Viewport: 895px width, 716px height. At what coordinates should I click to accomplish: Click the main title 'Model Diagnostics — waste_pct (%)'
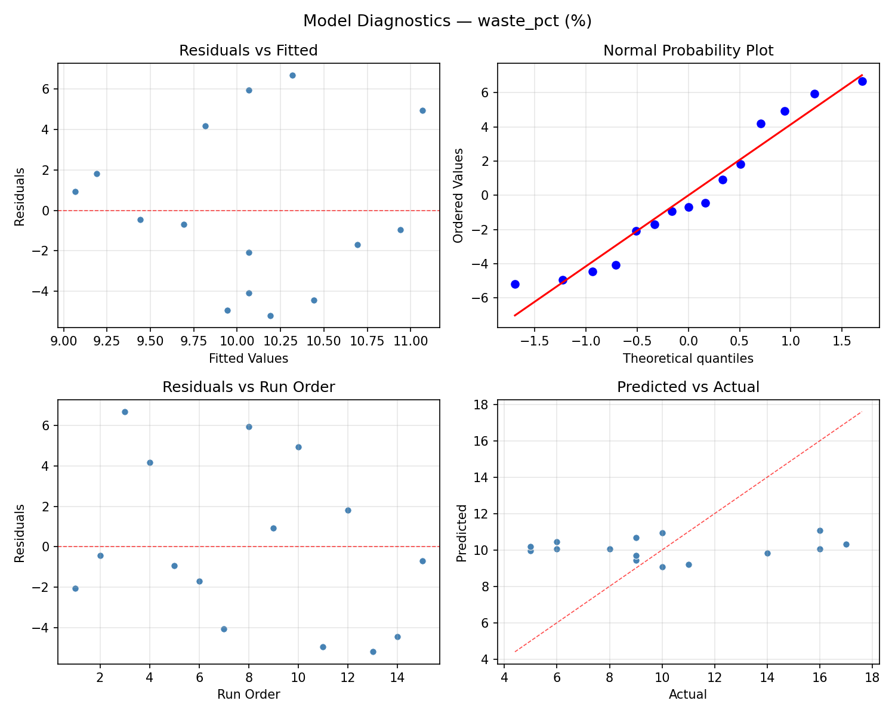click(x=447, y=21)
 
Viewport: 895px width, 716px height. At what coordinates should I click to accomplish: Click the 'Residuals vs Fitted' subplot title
click(x=248, y=51)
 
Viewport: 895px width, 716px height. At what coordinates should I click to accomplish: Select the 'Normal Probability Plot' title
click(x=688, y=51)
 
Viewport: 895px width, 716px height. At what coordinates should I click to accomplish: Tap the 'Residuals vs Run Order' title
click(x=248, y=387)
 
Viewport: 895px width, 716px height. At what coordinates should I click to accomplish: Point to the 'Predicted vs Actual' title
click(x=688, y=387)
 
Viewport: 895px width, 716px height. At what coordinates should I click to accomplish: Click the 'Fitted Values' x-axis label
click(x=248, y=359)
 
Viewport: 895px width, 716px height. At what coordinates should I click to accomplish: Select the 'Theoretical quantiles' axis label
click(x=688, y=359)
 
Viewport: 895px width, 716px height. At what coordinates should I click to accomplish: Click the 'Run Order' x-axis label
click(x=248, y=695)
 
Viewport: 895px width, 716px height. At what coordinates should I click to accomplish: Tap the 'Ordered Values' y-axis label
click(x=458, y=195)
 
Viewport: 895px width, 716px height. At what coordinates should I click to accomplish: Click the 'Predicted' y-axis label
click(x=461, y=533)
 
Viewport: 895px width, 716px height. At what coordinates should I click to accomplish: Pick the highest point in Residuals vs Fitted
click(x=292, y=75)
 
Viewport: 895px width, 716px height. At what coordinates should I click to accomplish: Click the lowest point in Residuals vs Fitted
click(x=270, y=316)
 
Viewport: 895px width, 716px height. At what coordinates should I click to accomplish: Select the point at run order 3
click(x=125, y=412)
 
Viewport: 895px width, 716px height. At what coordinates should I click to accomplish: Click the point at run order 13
click(x=373, y=652)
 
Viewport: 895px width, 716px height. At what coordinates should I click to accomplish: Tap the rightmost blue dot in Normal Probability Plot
click(x=862, y=81)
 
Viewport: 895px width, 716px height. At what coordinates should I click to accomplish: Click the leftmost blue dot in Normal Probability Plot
click(x=515, y=284)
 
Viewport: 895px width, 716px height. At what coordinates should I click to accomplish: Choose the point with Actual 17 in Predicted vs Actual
click(x=846, y=544)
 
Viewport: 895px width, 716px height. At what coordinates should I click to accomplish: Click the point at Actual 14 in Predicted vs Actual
click(x=767, y=553)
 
